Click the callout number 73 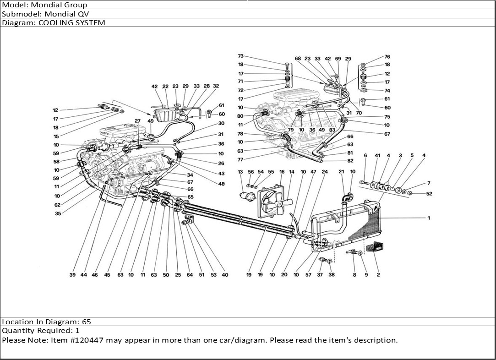(240, 56)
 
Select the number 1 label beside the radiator (429, 218)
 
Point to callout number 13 (240, 172)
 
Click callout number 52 (429, 194)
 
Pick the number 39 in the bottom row (72, 275)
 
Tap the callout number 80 (240, 116)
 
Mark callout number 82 (350, 161)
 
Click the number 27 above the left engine (137, 120)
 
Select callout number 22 (165, 86)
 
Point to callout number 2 (378, 275)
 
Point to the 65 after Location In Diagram (87, 322)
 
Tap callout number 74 (387, 91)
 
